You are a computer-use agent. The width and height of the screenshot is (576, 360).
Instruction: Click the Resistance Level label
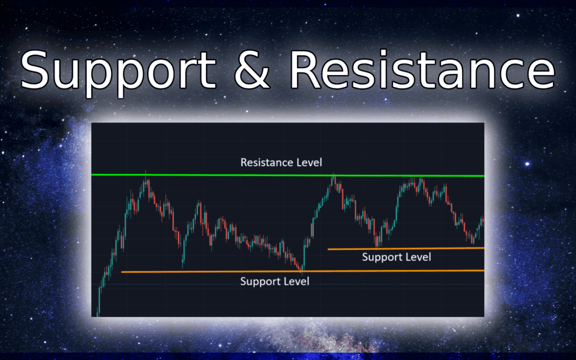(x=281, y=162)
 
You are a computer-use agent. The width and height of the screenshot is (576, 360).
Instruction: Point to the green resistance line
(x=287, y=175)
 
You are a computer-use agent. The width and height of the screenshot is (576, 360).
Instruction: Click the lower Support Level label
(x=275, y=282)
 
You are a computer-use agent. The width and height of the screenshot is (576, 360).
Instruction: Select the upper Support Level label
(x=396, y=257)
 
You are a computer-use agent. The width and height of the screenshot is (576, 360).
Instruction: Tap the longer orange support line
(x=303, y=271)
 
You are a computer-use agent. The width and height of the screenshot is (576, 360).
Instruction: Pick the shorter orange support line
(x=406, y=249)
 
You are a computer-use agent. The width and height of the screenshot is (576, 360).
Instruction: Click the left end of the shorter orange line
(x=328, y=249)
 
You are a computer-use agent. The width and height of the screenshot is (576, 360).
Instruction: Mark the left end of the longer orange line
(x=122, y=272)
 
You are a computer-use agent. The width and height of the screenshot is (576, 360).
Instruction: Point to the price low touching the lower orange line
(x=302, y=270)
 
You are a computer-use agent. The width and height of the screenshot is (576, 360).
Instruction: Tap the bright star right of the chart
(x=527, y=164)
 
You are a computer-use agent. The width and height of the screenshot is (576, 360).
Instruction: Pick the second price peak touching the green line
(x=333, y=178)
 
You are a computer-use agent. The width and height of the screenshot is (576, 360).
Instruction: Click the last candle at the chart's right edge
(x=482, y=220)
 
